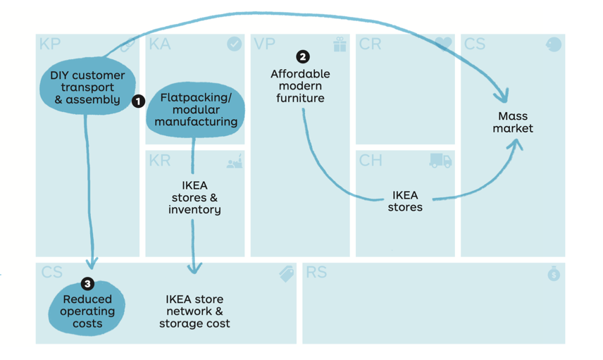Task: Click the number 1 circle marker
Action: click(138, 101)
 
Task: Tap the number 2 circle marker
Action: click(303, 56)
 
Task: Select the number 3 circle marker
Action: click(87, 284)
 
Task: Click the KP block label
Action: click(50, 44)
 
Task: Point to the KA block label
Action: click(160, 44)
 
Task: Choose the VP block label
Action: click(265, 44)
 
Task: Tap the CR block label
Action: click(371, 44)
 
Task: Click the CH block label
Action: click(371, 161)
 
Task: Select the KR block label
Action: click(160, 161)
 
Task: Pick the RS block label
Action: click(316, 273)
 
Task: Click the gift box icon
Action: click(340, 44)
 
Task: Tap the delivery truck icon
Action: click(440, 161)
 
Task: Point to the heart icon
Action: click(443, 44)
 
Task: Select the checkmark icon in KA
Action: click(234, 44)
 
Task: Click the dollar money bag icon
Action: click(554, 273)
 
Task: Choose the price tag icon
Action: click(287, 274)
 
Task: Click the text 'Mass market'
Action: click(513, 122)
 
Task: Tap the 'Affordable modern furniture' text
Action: click(301, 86)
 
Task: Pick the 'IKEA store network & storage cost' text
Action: click(194, 311)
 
